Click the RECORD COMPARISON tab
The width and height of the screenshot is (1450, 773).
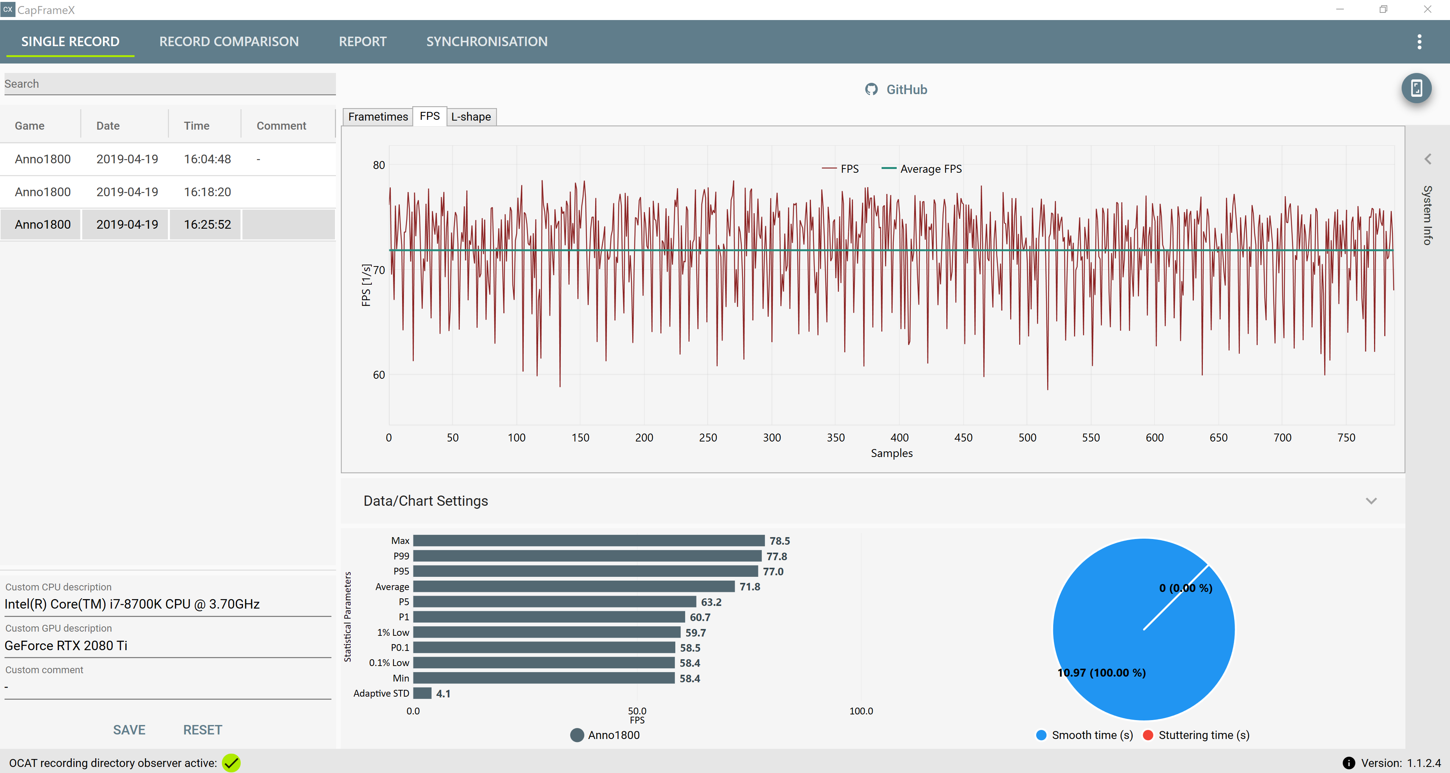tap(229, 42)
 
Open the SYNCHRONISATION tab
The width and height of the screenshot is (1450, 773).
tap(486, 42)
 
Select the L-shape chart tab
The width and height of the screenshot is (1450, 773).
tap(471, 116)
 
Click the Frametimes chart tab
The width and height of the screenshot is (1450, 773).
tap(378, 116)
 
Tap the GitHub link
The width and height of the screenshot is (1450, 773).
tap(896, 90)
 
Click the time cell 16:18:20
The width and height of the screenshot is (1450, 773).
tap(207, 192)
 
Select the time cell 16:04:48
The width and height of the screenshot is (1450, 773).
tap(207, 160)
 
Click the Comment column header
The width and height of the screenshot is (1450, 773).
tap(282, 125)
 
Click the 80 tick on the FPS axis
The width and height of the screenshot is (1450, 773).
tap(379, 165)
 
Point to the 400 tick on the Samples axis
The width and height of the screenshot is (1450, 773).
tap(899, 437)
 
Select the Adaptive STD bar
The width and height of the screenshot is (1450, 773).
tap(422, 693)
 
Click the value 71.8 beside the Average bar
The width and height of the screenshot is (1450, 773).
tap(750, 587)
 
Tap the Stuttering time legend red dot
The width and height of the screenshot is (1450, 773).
tap(1148, 735)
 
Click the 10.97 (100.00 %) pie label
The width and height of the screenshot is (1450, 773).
tap(1102, 673)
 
